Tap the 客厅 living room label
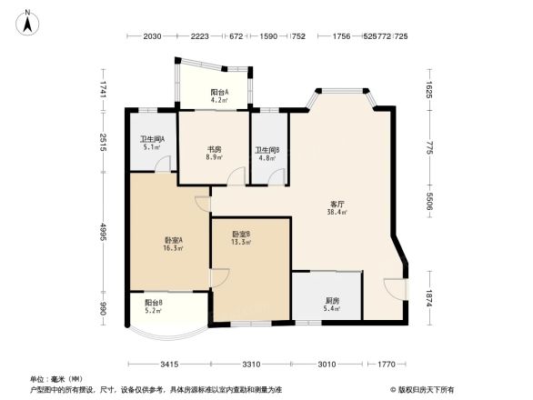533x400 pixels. [336, 204]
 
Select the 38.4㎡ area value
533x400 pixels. [336, 212]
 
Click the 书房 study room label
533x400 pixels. [214, 148]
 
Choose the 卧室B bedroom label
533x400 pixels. [241, 235]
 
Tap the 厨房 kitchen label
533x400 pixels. [332, 301]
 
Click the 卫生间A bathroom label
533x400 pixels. [151, 138]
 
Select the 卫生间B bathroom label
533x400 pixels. [266, 150]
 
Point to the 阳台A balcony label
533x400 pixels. [219, 92]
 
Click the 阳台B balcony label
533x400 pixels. [153, 303]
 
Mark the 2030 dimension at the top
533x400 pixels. [152, 36]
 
